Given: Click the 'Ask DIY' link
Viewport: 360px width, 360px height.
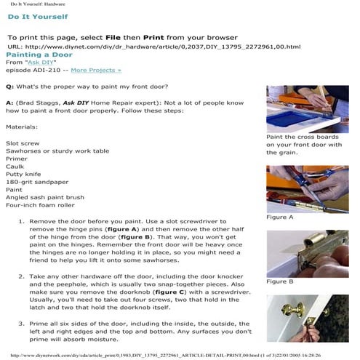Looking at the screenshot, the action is tap(41, 63).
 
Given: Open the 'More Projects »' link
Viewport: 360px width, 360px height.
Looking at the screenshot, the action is tap(96, 70).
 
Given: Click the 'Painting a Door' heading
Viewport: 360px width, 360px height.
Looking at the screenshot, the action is tap(39, 55).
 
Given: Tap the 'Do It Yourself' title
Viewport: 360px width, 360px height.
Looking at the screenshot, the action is tap(38, 17).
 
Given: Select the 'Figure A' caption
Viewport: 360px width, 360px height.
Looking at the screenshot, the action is tap(280, 217).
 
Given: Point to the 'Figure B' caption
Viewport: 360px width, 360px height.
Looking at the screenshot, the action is tap(280, 281).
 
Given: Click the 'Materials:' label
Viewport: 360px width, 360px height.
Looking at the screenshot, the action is tap(22, 127).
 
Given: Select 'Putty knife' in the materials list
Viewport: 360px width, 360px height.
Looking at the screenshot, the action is tap(23, 174).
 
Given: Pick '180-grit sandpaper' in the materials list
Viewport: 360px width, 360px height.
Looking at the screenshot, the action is tap(37, 182).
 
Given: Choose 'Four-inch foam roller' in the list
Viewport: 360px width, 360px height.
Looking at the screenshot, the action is tap(40, 205).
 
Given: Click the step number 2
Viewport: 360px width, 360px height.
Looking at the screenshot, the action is tap(21, 276).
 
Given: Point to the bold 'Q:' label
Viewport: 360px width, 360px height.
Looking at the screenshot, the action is tap(10, 87).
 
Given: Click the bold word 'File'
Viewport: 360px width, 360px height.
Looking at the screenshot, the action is tap(113, 38).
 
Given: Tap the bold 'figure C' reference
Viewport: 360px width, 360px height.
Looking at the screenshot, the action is tap(169, 292).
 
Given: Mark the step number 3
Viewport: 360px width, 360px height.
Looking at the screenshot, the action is tap(21, 324).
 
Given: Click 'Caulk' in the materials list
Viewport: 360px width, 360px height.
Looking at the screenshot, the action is tap(15, 167).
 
